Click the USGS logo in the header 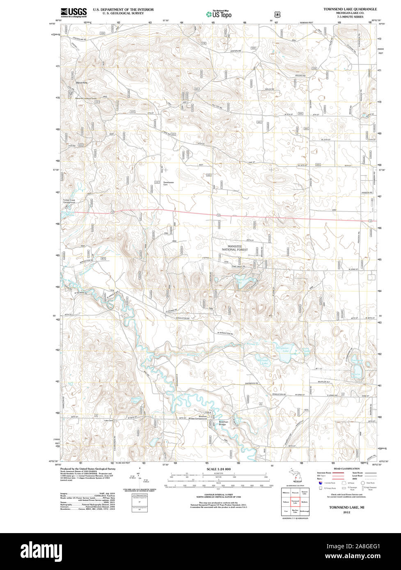click(74, 12)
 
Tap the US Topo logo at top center click(218, 14)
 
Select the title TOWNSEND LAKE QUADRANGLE click(350, 9)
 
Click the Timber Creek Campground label click(69, 201)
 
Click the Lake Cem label click(108, 420)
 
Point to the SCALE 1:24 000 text click(218, 469)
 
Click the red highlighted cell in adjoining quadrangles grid click(295, 502)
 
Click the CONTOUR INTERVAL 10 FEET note click(218, 495)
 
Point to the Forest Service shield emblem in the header click(275, 14)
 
